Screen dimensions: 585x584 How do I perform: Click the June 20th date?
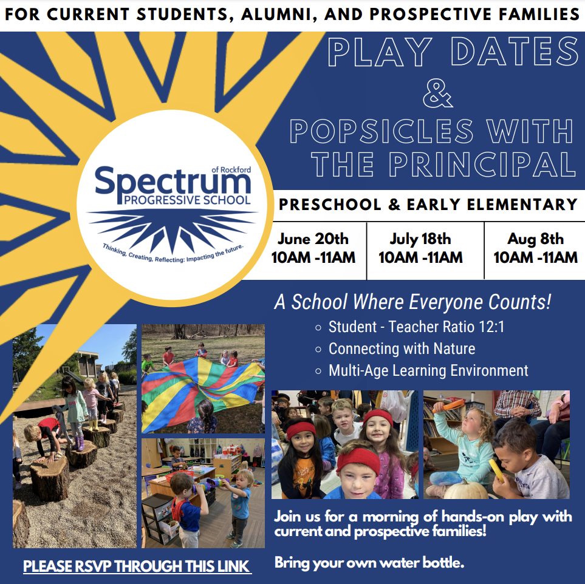[313, 239]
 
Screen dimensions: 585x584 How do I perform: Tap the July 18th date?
[420, 239]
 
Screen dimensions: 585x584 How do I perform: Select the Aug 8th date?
[535, 239]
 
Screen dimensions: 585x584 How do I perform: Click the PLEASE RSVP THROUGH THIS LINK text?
[136, 566]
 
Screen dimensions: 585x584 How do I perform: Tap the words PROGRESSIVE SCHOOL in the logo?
[187, 200]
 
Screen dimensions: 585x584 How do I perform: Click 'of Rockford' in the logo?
[231, 170]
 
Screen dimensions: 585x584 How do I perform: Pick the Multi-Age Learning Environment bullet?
[422, 370]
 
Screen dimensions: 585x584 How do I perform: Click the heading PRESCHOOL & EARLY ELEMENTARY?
[428, 205]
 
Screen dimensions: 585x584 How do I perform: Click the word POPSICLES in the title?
[381, 131]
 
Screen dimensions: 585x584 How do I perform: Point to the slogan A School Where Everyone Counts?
[412, 302]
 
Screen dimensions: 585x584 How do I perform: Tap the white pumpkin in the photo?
[465, 489]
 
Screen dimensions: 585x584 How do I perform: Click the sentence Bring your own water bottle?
[369, 562]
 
